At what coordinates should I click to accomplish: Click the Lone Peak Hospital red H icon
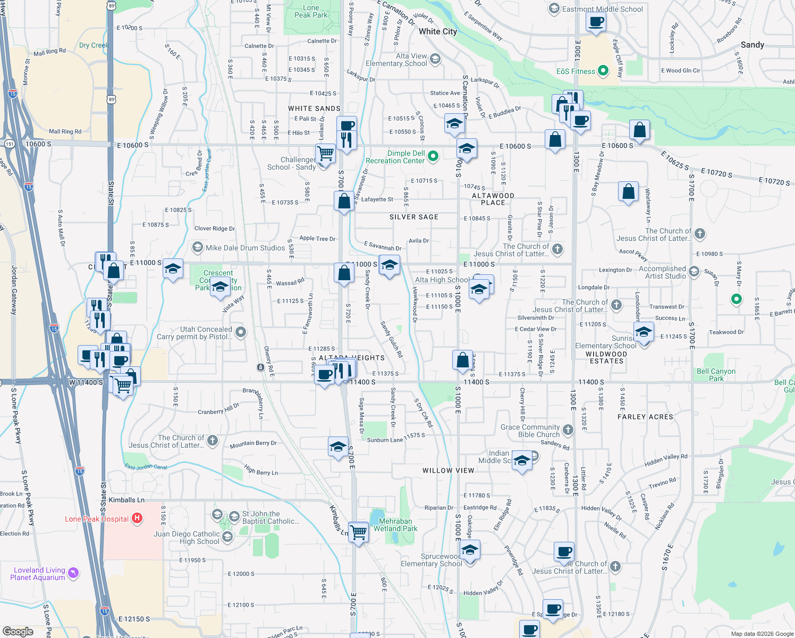(x=137, y=518)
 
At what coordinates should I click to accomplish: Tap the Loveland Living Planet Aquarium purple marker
(x=74, y=573)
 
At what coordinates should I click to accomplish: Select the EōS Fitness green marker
(x=603, y=71)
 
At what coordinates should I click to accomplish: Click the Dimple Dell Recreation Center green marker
(x=433, y=156)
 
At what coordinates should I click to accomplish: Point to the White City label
(x=437, y=31)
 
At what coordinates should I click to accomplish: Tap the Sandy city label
(x=752, y=45)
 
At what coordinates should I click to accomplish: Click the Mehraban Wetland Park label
(x=395, y=525)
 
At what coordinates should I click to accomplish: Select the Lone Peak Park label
(x=311, y=11)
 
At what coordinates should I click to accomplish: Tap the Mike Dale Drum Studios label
(x=245, y=248)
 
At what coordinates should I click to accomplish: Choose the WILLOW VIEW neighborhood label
(x=448, y=471)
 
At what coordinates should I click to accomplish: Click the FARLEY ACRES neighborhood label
(x=645, y=417)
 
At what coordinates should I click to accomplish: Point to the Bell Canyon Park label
(x=716, y=375)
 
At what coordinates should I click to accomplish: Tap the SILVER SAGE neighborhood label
(x=413, y=217)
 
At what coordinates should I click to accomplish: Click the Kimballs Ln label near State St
(x=126, y=500)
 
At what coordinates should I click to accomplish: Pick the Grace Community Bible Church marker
(x=568, y=430)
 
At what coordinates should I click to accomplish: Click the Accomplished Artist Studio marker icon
(x=694, y=272)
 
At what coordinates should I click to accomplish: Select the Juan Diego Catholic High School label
(x=187, y=538)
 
